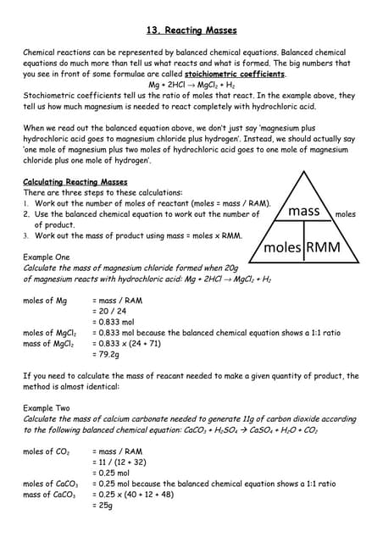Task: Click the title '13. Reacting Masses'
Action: tap(191, 30)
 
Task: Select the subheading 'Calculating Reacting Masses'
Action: tap(75, 182)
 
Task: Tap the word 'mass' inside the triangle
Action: tap(303, 210)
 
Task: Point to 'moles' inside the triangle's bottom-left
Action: tap(283, 247)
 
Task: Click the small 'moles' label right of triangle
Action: tap(346, 214)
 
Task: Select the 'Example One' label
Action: tap(47, 257)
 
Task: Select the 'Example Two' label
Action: tap(47, 408)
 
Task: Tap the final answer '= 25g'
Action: tap(103, 506)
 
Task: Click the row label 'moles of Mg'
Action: tap(44, 300)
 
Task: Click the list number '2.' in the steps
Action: tap(26, 214)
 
